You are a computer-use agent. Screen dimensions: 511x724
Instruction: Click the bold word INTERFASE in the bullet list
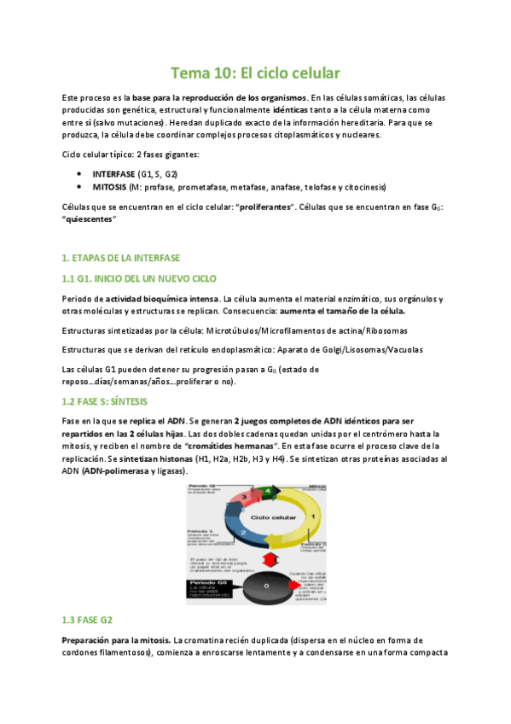113,172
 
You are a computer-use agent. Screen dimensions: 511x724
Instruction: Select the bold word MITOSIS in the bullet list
109,186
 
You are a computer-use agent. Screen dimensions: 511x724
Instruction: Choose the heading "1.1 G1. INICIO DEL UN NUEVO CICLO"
140,278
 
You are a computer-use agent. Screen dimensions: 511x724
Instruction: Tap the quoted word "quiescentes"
90,220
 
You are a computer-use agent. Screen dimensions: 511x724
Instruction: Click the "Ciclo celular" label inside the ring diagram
277,517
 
